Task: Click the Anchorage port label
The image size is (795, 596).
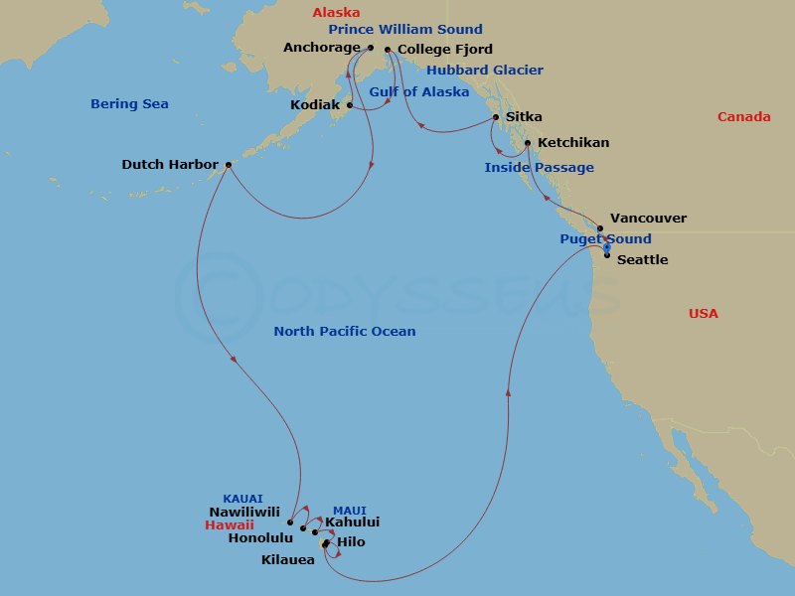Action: (x=321, y=47)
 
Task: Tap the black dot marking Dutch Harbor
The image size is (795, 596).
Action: (x=229, y=165)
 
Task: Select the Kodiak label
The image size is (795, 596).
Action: (x=316, y=104)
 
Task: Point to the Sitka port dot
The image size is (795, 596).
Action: (x=495, y=118)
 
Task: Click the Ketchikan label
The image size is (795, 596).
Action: (x=573, y=143)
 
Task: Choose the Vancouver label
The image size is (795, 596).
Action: (x=648, y=219)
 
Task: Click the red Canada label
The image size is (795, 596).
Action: (x=743, y=117)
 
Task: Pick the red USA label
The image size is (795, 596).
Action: (x=703, y=314)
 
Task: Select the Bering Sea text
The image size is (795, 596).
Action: (x=129, y=104)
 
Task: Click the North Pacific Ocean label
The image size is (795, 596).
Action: (x=345, y=332)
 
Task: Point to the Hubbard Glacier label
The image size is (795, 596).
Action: (x=485, y=71)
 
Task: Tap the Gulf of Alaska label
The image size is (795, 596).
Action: (x=419, y=92)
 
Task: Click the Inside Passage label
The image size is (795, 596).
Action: (x=539, y=168)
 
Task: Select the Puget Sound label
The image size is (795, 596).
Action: (x=605, y=239)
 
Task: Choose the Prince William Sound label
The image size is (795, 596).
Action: (x=405, y=30)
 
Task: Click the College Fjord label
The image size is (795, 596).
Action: (x=444, y=49)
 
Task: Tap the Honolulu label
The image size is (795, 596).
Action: (x=260, y=538)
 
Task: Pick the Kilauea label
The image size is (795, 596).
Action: (x=287, y=560)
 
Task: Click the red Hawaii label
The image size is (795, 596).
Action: (x=230, y=524)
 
